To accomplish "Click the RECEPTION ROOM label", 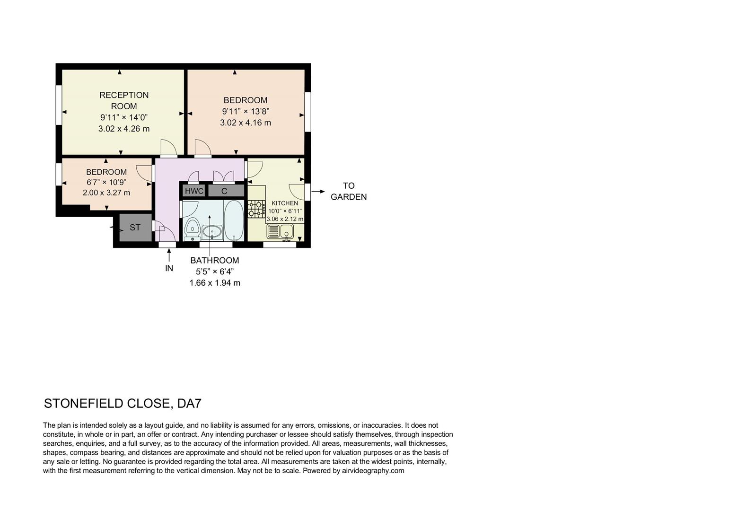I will [x=124, y=101].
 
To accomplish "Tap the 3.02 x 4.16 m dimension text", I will [x=246, y=123].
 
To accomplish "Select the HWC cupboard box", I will [x=194, y=191].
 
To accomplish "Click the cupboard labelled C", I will [x=225, y=191].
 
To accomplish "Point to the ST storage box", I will [x=135, y=228].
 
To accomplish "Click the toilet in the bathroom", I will [x=192, y=228].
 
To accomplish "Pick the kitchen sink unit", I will [x=281, y=232].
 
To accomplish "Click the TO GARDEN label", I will [x=349, y=191].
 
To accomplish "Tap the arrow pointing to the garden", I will [x=318, y=192].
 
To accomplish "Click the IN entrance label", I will [x=169, y=268].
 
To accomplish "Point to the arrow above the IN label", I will [x=169, y=255].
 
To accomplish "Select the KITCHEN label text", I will [x=285, y=203].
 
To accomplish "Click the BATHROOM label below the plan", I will [x=215, y=260].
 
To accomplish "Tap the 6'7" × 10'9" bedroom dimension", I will [x=106, y=182].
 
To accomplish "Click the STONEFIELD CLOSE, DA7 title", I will [x=123, y=404].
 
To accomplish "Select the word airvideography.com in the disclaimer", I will [x=373, y=471].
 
